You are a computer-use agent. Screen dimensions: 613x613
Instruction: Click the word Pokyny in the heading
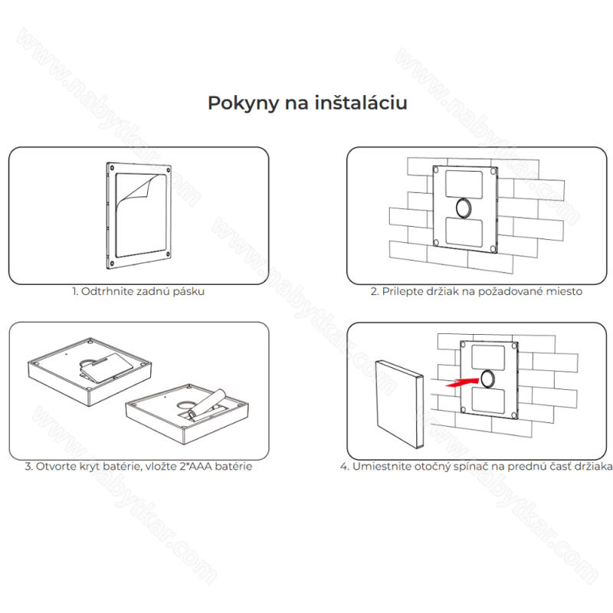click(243, 103)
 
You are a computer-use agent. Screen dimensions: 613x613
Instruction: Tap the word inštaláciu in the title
click(361, 103)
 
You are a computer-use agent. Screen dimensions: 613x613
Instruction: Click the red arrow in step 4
click(463, 382)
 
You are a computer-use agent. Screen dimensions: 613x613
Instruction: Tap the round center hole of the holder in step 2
click(464, 208)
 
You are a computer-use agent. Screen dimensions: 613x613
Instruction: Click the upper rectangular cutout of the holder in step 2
click(464, 185)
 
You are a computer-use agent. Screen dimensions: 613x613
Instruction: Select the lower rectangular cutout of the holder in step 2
click(464, 232)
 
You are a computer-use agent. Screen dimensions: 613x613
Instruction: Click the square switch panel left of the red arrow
click(399, 404)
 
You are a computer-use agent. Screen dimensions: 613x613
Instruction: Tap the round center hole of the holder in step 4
click(488, 379)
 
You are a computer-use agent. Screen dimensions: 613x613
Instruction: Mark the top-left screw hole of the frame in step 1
click(112, 168)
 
